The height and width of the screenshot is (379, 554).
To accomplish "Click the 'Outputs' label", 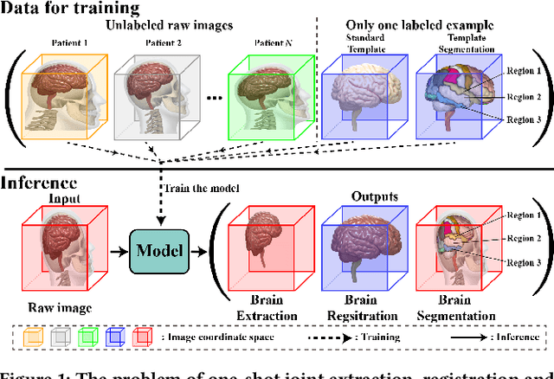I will [374, 196].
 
